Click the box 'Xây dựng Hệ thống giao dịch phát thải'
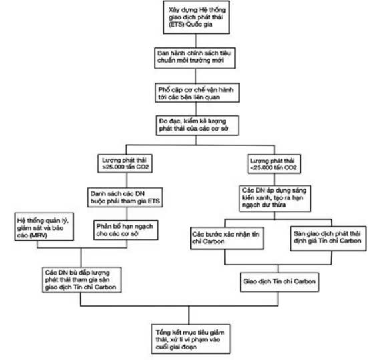196,17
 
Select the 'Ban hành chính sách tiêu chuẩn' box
195,58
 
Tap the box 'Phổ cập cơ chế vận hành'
197,93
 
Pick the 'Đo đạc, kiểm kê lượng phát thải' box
197,125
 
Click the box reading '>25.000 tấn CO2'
125,163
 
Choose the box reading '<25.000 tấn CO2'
274,164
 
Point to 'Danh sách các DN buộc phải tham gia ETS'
125,197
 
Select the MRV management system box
44,227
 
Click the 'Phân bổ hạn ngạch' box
126,230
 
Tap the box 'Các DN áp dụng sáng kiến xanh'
275,198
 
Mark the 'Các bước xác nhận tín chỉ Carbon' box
227,238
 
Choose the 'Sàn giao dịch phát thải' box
328,239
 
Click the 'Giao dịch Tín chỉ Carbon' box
280,282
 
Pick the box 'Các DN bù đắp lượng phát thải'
82,280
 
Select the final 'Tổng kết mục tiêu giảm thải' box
191,339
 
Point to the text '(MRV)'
38,235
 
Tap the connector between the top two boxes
196,41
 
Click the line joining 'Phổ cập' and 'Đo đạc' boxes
196,109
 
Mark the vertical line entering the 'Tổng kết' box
188,315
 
